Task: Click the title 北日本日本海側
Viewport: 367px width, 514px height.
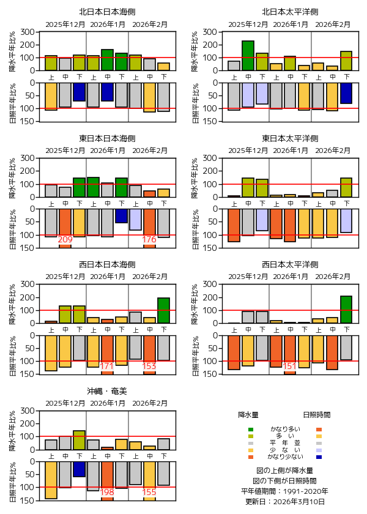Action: [107, 12]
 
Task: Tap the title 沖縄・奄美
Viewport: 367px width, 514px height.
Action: [107, 390]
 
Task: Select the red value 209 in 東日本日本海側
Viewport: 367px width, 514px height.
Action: [65, 239]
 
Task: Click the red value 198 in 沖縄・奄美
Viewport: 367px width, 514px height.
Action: [107, 492]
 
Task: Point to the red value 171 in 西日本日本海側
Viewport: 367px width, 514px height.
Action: [107, 366]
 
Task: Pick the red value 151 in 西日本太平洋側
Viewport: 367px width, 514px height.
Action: [290, 366]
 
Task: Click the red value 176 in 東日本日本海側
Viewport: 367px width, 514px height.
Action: [149, 239]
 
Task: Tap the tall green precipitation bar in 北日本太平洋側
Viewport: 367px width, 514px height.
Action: [248, 56]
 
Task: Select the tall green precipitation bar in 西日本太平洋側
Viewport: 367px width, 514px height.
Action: [346, 310]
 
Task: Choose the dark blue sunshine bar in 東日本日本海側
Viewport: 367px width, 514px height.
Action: [121, 215]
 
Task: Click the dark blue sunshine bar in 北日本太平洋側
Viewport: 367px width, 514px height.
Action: [346, 93]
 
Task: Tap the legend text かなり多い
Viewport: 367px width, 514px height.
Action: [285, 429]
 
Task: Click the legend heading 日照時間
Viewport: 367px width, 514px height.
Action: [317, 415]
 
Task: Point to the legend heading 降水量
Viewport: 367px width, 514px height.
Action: [248, 415]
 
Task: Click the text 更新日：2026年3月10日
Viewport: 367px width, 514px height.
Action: [285, 501]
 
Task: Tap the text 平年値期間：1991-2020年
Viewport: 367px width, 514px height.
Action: [285, 491]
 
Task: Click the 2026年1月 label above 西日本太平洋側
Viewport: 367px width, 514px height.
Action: [290, 277]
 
